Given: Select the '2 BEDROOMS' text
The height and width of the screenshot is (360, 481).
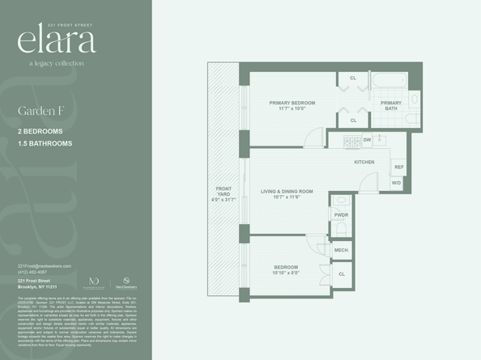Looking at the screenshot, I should (40, 130).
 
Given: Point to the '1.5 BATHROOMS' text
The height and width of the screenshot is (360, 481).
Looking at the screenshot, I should (45, 143).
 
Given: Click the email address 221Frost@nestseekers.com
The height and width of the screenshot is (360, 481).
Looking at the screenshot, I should (45, 265).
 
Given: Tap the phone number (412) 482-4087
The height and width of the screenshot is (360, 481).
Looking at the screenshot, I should (33, 272).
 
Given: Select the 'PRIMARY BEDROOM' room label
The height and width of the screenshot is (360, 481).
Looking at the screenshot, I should (292, 104).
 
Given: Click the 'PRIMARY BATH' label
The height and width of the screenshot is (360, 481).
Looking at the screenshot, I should (391, 106).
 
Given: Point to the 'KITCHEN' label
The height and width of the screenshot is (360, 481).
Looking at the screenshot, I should (364, 163).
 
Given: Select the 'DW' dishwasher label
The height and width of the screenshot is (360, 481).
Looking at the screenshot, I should (367, 140).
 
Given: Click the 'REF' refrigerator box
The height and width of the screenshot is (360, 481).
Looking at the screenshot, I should (398, 167).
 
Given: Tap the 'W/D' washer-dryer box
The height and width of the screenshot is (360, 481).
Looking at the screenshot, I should (396, 183).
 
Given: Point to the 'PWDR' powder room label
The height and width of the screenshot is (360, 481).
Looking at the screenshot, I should (341, 214).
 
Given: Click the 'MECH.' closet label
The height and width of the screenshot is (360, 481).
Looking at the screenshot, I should (341, 251).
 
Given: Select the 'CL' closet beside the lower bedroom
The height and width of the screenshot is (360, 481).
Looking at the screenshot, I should (341, 274).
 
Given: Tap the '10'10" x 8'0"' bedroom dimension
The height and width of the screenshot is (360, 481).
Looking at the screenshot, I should (285, 273).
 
